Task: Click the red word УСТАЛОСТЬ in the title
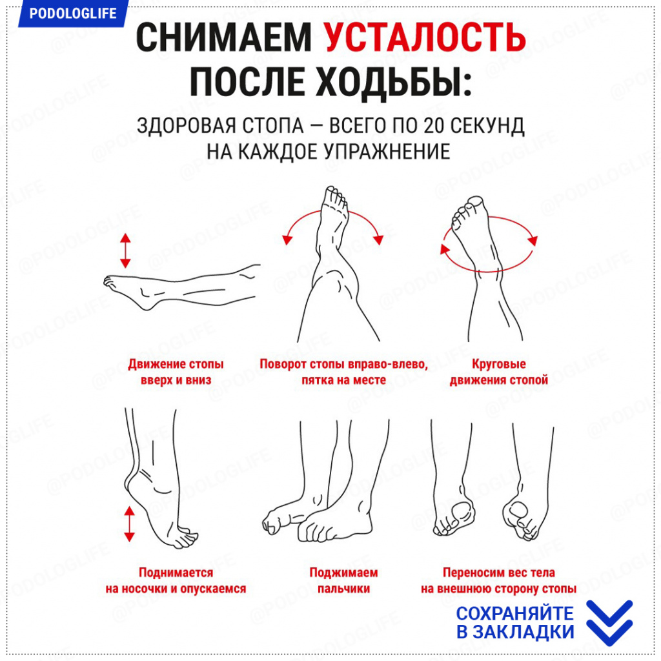pos(425,37)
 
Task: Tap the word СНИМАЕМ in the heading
pos(223,37)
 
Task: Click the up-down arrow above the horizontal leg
pos(125,251)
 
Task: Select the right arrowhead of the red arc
pos(378,239)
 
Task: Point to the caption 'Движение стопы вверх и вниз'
pos(176,372)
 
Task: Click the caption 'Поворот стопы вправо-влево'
pos(343,364)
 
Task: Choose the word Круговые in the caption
pos(499,364)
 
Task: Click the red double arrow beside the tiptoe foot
pos(129,524)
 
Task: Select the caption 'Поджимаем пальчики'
pos(343,580)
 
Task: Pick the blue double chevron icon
pos(609,623)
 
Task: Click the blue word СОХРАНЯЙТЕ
pos(514,613)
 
